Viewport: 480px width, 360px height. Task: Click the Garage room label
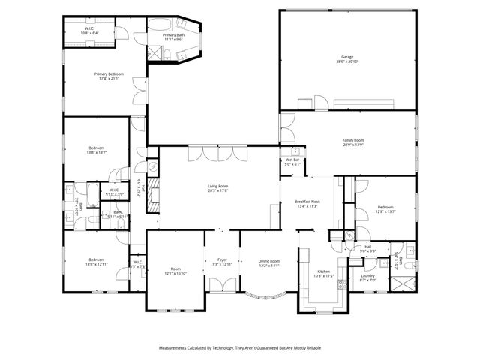(346, 57)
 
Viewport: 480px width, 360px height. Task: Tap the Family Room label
(353, 140)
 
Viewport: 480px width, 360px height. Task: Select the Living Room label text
(218, 186)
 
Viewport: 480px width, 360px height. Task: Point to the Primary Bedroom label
(109, 73)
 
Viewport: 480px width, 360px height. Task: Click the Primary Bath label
(174, 35)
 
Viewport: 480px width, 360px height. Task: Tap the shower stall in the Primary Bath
(154, 52)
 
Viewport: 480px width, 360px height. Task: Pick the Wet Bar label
(292, 160)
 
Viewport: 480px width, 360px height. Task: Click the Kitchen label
(323, 271)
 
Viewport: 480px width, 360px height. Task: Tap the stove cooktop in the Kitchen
(339, 283)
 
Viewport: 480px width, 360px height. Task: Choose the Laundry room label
(367, 275)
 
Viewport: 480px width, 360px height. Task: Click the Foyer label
(222, 260)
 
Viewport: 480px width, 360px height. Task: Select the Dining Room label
(268, 260)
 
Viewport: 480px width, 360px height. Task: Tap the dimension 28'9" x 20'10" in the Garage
(346, 61)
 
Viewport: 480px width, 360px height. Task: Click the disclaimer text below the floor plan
(239, 348)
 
